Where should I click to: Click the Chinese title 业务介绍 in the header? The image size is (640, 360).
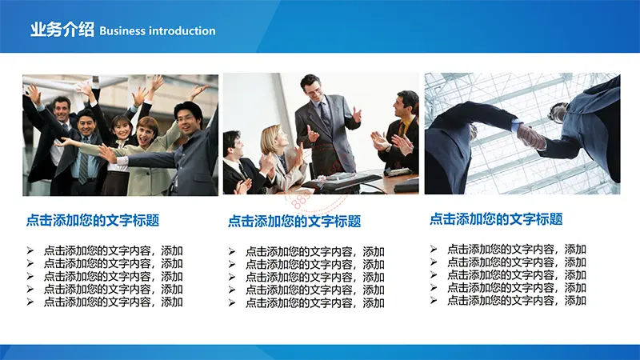coord(62,30)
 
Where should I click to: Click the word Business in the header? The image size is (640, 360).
coord(122,31)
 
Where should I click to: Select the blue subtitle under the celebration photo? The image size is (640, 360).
coord(93,221)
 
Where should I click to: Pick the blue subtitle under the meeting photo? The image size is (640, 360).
coord(294,222)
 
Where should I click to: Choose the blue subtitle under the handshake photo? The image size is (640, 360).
coord(496,219)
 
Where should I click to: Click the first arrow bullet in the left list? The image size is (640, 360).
coord(30,250)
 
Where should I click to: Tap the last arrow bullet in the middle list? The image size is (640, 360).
coord(232,303)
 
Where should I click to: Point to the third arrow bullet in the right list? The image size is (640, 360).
coord(434,274)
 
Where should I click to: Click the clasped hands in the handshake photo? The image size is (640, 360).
coord(530,136)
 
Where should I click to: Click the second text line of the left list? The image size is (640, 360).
coord(113,264)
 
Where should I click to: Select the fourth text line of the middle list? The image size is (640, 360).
coord(314,290)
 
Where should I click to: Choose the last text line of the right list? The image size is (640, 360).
coord(516,301)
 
